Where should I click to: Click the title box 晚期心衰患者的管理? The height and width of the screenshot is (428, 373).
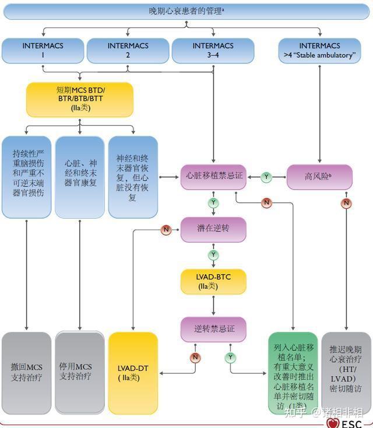[186, 11]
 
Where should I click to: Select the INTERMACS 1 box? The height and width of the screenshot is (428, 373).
[43, 50]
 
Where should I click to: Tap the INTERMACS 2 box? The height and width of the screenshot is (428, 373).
[128, 50]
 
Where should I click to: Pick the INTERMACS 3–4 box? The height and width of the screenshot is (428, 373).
[213, 50]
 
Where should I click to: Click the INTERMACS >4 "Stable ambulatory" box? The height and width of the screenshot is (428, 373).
[320, 50]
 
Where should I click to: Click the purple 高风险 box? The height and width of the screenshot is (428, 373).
[319, 176]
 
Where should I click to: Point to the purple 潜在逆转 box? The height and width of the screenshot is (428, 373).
[213, 229]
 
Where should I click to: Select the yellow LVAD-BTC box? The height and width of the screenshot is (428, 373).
[213, 281]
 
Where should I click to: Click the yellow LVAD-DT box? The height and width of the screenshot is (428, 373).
[133, 373]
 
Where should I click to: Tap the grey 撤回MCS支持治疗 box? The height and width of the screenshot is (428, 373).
[26, 373]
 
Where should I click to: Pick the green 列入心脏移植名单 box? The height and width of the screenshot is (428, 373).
[293, 373]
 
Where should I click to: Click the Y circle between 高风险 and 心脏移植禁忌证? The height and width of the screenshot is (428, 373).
[266, 176]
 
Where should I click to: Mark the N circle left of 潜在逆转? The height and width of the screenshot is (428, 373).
[166, 230]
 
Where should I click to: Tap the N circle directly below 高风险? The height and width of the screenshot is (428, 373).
[346, 203]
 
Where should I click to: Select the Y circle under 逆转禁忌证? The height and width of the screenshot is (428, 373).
[231, 356]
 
